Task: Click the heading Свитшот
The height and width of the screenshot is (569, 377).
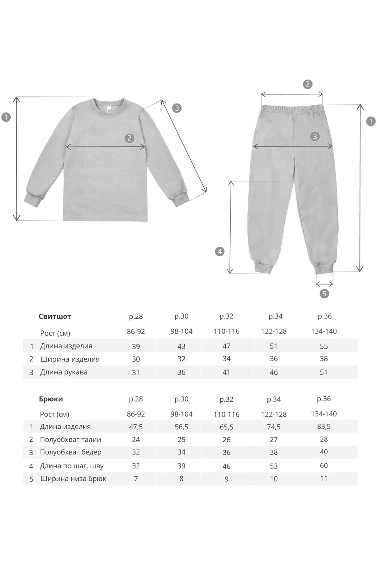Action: point(55,316)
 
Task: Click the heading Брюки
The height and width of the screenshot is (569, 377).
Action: point(51,399)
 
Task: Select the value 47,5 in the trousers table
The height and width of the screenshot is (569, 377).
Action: point(136,427)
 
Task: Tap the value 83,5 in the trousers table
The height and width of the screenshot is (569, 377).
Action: point(324,426)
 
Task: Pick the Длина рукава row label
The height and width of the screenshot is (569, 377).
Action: point(64,372)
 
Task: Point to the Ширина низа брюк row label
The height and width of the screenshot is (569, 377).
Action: point(73,479)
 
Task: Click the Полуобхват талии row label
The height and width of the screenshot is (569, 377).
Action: point(70,440)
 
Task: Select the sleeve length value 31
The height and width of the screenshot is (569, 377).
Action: point(136,372)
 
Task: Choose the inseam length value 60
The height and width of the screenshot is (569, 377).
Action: point(324,466)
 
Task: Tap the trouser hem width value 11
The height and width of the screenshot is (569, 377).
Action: point(324,479)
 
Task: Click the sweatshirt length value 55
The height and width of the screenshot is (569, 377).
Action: point(324,346)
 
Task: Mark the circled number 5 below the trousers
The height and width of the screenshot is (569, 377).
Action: point(324,294)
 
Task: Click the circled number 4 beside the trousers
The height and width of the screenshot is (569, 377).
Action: point(219,251)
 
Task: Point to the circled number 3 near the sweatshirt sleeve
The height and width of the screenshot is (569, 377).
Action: point(177,108)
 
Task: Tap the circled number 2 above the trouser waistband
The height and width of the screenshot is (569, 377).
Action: point(308,84)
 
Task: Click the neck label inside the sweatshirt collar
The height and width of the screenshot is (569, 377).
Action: point(110,110)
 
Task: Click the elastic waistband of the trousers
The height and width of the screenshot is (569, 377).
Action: point(292,109)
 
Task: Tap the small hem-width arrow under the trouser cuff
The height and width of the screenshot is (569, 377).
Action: point(324,284)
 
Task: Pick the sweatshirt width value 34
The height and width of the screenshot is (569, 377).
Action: point(226,359)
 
